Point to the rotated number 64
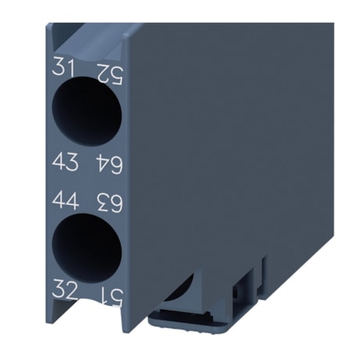[x=110, y=164]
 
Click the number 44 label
[x=66, y=200]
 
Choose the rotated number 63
[x=110, y=203]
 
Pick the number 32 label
[x=66, y=289]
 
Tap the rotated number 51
[x=110, y=295]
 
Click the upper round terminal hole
[x=87, y=111]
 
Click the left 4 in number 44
[x=59, y=200]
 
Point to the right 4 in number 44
[x=73, y=200]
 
